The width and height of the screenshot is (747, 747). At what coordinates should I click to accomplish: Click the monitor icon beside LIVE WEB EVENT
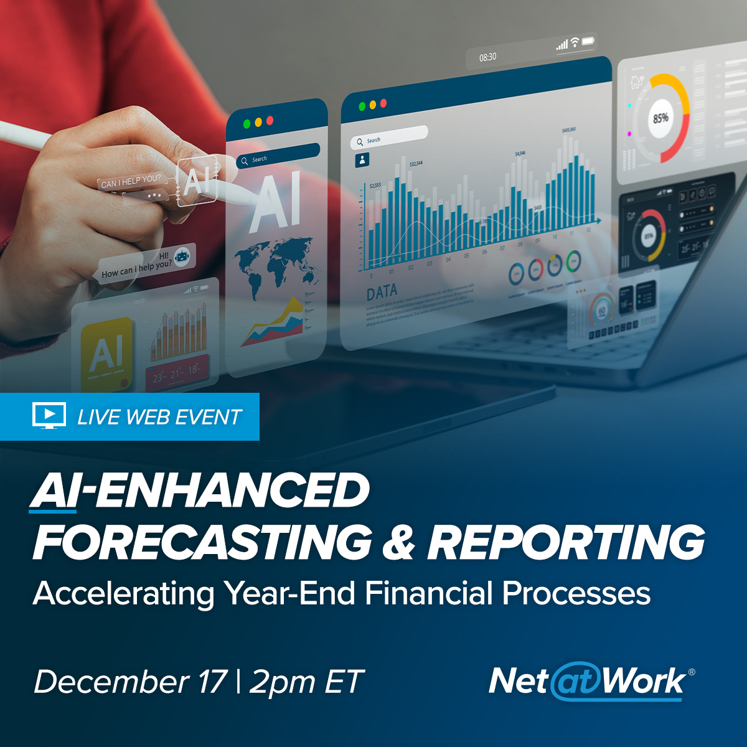click(49, 416)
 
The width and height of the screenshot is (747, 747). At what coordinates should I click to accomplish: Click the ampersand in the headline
click(398, 542)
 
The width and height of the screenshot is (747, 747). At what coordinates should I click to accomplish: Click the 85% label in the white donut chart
click(660, 118)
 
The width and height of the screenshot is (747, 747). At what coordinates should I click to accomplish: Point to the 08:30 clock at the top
click(488, 57)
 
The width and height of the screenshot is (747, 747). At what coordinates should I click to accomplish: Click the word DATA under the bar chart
click(382, 293)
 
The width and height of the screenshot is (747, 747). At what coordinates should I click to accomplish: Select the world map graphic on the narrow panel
click(274, 265)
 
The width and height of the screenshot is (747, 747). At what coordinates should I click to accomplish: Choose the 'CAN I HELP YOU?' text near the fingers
click(131, 182)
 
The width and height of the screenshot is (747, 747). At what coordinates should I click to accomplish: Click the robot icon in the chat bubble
click(182, 256)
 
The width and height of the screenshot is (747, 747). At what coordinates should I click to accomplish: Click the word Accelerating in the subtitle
click(123, 594)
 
